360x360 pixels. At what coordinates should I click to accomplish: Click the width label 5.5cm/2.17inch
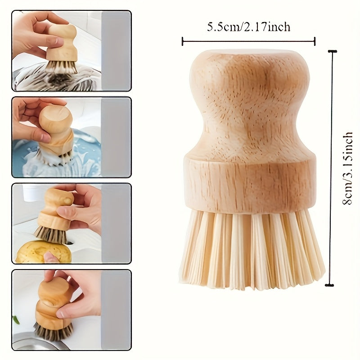[x=249, y=27]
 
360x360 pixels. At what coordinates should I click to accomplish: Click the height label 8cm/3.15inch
[x=347, y=168]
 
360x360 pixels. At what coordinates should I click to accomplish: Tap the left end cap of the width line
[x=183, y=41]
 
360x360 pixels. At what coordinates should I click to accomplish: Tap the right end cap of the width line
[x=315, y=41]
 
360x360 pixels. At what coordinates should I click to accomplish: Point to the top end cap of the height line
[x=332, y=51]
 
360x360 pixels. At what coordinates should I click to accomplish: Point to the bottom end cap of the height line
[x=329, y=285]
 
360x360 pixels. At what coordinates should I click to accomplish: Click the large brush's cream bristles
[x=252, y=248]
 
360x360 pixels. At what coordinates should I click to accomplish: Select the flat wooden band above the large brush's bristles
[x=249, y=183]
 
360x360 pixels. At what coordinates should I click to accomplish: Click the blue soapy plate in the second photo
[x=58, y=154]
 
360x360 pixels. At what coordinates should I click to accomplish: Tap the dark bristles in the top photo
[x=62, y=67]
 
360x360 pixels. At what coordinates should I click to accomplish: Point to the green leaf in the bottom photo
[x=16, y=319]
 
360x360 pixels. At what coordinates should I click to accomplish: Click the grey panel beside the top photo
[x=116, y=50]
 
